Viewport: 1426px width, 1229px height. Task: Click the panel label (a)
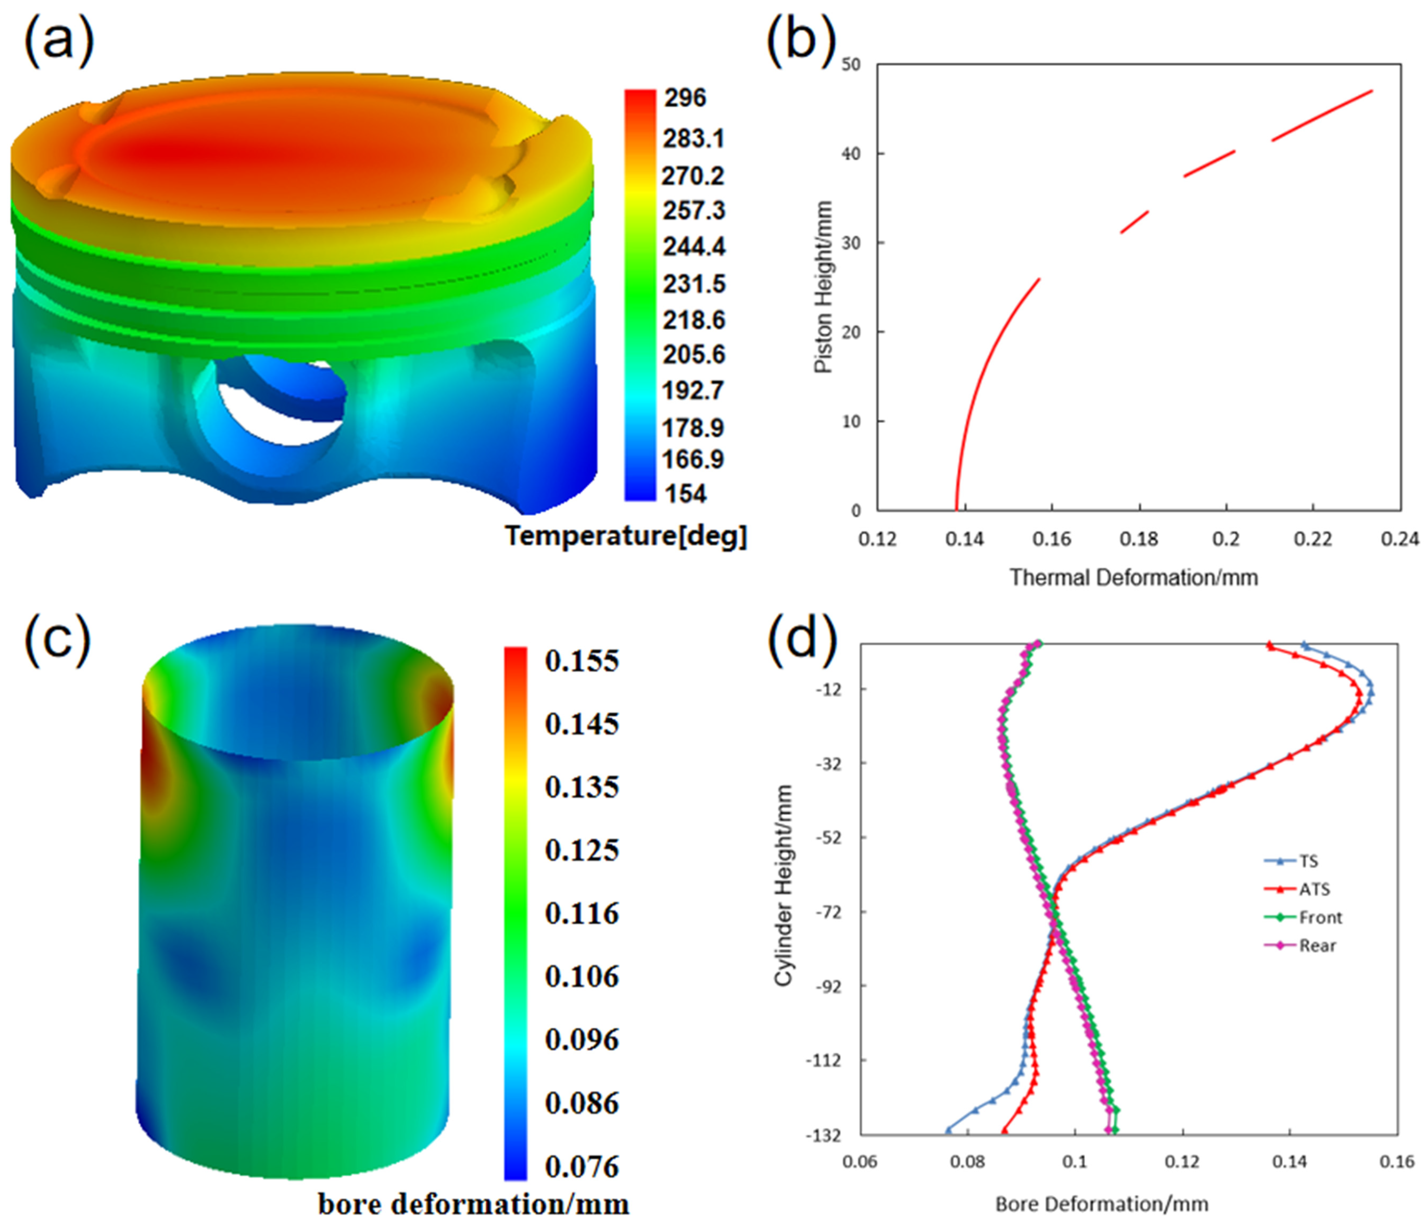pyautogui.click(x=58, y=43)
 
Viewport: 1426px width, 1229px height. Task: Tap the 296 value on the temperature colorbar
pyautogui.click(x=685, y=98)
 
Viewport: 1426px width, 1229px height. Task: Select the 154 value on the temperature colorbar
pyautogui.click(x=685, y=493)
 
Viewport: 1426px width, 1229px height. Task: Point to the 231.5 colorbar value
pyautogui.click(x=693, y=284)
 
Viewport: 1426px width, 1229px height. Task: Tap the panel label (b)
pyautogui.click(x=800, y=43)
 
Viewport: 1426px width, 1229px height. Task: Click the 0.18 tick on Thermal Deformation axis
pyautogui.click(x=1139, y=539)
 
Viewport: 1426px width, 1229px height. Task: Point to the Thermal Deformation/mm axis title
pyautogui.click(x=1133, y=577)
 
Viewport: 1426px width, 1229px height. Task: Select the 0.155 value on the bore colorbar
pyautogui.click(x=582, y=661)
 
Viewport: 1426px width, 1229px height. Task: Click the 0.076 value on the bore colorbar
pyautogui.click(x=582, y=1167)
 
